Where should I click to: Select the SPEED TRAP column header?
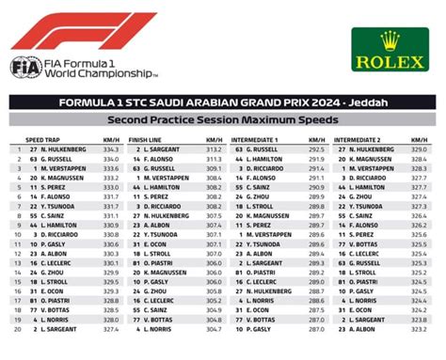pyautogui.click(x=43, y=139)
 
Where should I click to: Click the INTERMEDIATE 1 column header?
pyautogui.click(x=255, y=139)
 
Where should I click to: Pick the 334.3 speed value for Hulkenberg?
pyautogui.click(x=111, y=149)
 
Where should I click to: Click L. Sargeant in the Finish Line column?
pyautogui.click(x=164, y=149)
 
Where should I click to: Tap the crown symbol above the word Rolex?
pyautogui.click(x=389, y=39)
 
